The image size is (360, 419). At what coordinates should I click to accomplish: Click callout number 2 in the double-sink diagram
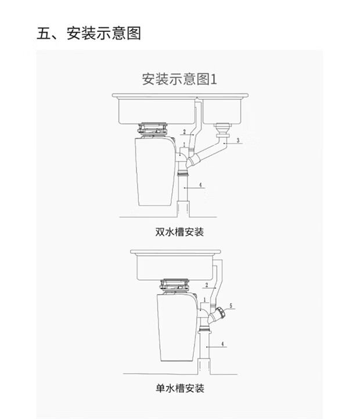click(x=184, y=132)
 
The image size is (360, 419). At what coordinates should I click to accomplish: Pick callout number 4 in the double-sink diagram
click(x=200, y=185)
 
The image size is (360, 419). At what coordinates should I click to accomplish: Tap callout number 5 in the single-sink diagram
click(x=231, y=305)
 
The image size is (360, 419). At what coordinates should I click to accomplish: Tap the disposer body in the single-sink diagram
click(x=175, y=331)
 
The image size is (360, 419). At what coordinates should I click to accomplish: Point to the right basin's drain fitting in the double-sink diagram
click(x=221, y=126)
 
